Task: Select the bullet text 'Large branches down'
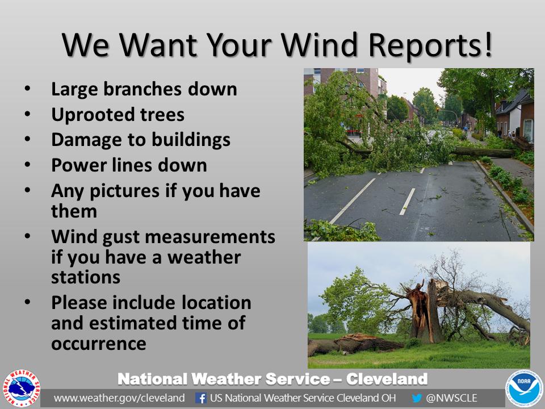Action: (144, 89)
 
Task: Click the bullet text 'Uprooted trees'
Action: (118, 115)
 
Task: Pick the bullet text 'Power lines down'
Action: (129, 165)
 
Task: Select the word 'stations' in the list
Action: (85, 277)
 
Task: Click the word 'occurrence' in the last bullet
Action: (98, 343)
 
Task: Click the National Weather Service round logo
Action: (22, 389)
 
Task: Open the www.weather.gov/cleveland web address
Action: (119, 398)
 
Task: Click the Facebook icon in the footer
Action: (200, 398)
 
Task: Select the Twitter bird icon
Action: (417, 398)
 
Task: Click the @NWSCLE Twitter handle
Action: (452, 398)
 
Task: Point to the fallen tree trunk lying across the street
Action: (483, 152)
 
